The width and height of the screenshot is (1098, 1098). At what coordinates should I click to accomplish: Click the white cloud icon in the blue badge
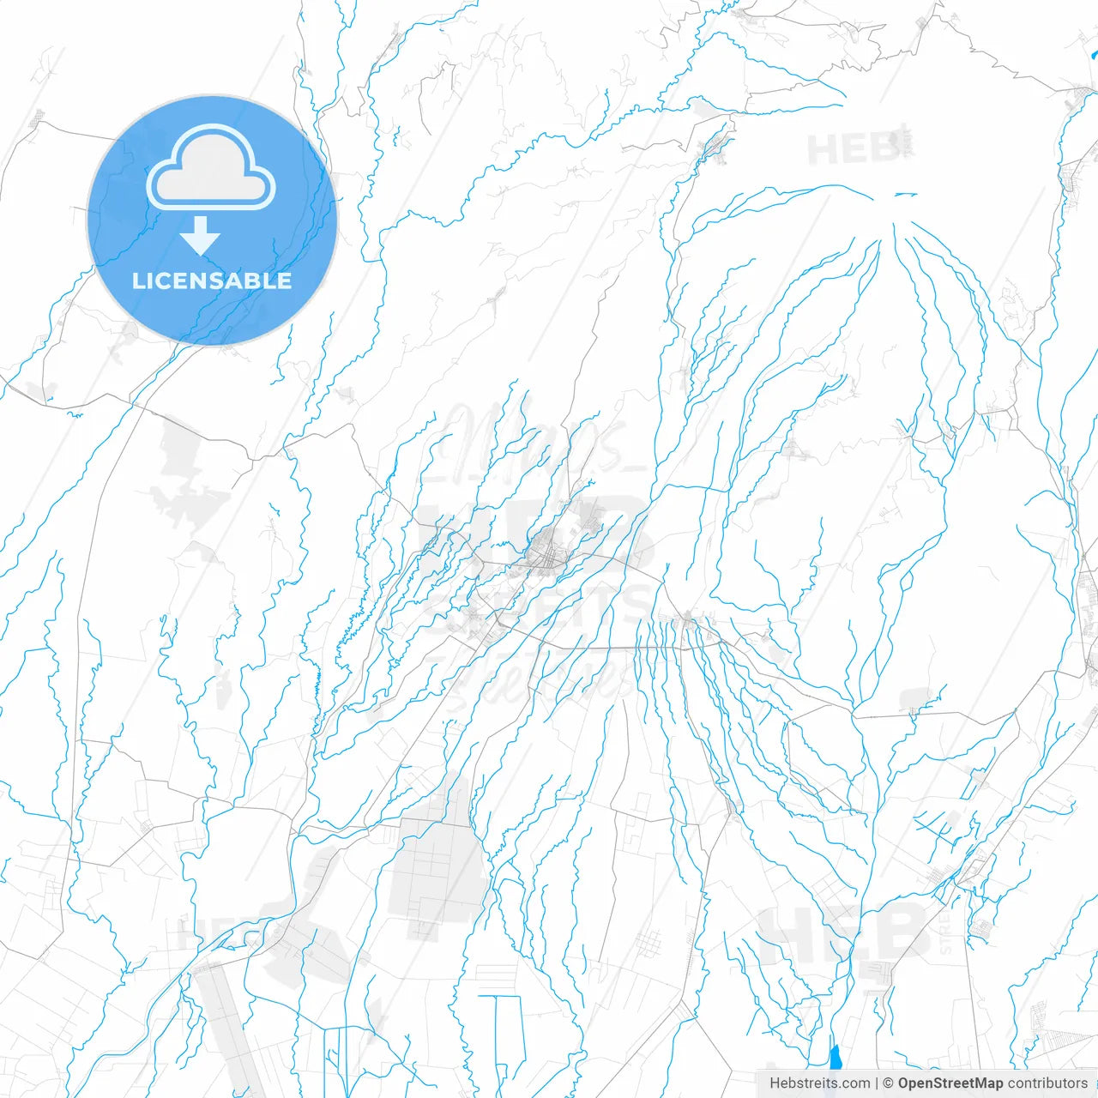(x=211, y=168)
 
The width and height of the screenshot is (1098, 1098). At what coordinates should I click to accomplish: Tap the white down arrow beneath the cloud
(x=201, y=236)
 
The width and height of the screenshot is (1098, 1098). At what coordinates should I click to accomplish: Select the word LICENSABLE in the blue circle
(x=212, y=281)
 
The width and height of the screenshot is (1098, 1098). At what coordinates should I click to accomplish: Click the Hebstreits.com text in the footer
(x=819, y=1083)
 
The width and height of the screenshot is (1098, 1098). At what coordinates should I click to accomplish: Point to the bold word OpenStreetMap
(x=950, y=1083)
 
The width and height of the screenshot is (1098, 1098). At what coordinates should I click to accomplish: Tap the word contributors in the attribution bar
(x=1047, y=1083)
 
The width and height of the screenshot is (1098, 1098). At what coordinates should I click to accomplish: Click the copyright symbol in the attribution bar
(x=888, y=1083)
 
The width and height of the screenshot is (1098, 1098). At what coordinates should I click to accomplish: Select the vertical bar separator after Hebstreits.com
(x=877, y=1083)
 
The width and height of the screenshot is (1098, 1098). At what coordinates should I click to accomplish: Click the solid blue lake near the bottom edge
(x=835, y=1058)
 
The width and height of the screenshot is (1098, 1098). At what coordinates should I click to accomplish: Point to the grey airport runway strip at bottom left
(x=225, y=1029)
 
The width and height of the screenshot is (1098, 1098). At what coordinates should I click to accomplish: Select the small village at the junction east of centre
(x=689, y=620)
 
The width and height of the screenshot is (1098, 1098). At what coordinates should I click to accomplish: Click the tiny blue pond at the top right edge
(x=1094, y=56)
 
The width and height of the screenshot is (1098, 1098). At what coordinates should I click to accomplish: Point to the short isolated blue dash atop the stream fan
(x=905, y=195)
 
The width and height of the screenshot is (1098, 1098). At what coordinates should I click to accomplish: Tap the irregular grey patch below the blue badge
(x=189, y=480)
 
